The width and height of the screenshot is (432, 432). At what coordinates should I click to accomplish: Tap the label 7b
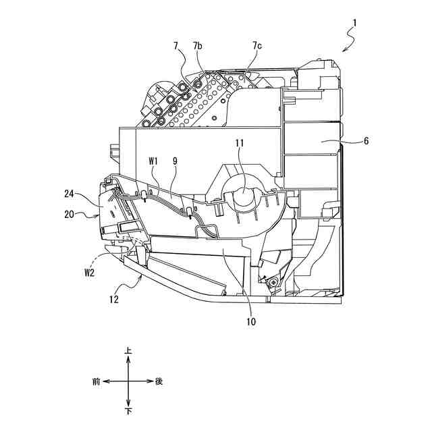197,46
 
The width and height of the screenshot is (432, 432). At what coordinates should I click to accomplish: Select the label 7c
257,46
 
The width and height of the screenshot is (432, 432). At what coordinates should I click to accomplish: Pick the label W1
153,161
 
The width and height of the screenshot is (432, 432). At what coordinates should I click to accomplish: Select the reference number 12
115,298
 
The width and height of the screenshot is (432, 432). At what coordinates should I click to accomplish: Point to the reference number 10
250,322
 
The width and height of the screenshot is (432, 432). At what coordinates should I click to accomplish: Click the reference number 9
175,161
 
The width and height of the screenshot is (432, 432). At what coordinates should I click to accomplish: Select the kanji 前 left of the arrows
96,381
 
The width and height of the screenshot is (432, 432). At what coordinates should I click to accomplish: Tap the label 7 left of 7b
176,46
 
